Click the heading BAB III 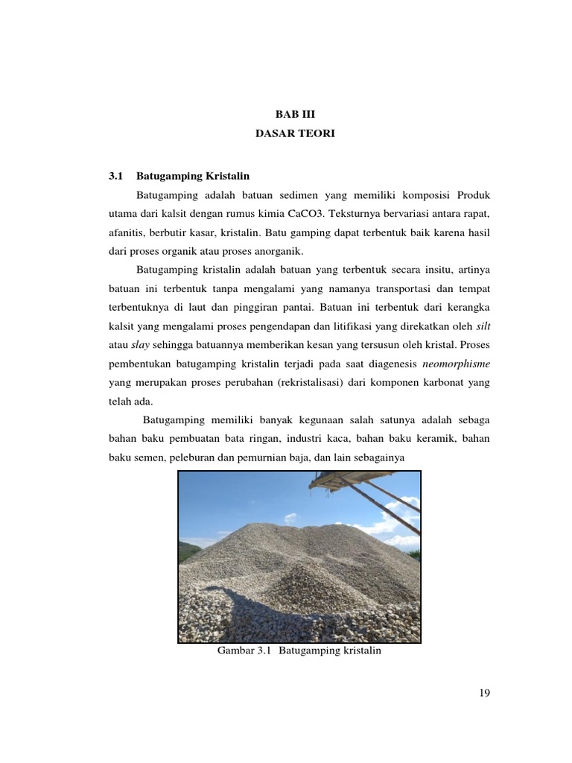285,115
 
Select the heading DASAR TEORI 285,134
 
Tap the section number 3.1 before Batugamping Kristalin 115,176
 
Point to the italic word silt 483,326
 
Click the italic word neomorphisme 457,364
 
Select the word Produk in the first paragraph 469,195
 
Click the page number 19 483,694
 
